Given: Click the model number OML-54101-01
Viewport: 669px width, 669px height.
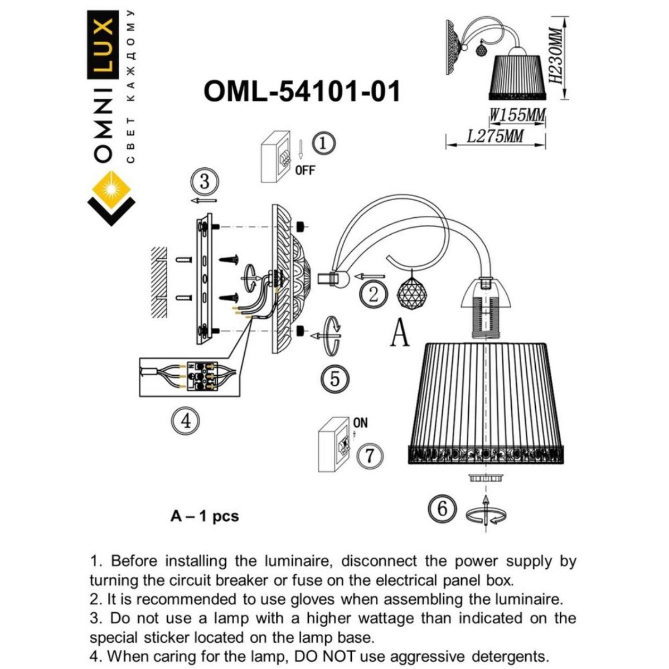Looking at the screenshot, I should [302, 91].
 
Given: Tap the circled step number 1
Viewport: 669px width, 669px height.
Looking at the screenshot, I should [324, 144].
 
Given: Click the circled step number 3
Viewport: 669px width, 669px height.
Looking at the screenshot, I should [204, 182].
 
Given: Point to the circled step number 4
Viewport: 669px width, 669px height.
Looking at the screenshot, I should [186, 420].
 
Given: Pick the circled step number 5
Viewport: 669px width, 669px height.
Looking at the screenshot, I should [335, 379].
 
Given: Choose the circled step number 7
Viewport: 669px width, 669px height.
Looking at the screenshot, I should [370, 456].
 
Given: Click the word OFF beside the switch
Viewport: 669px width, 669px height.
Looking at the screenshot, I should [305, 171].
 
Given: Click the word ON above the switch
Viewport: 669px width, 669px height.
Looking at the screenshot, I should [360, 423].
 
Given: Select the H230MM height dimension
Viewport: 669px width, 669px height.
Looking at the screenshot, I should [555, 56].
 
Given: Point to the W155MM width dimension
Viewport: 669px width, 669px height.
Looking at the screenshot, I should [517, 116].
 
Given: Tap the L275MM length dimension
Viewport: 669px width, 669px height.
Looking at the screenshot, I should [495, 136].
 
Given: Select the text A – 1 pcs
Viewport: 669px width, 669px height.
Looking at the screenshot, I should [205, 517].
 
